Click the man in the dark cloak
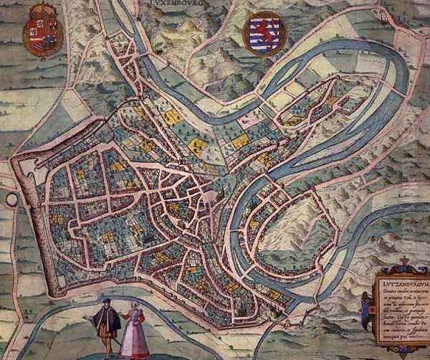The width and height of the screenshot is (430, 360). click(106, 323)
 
